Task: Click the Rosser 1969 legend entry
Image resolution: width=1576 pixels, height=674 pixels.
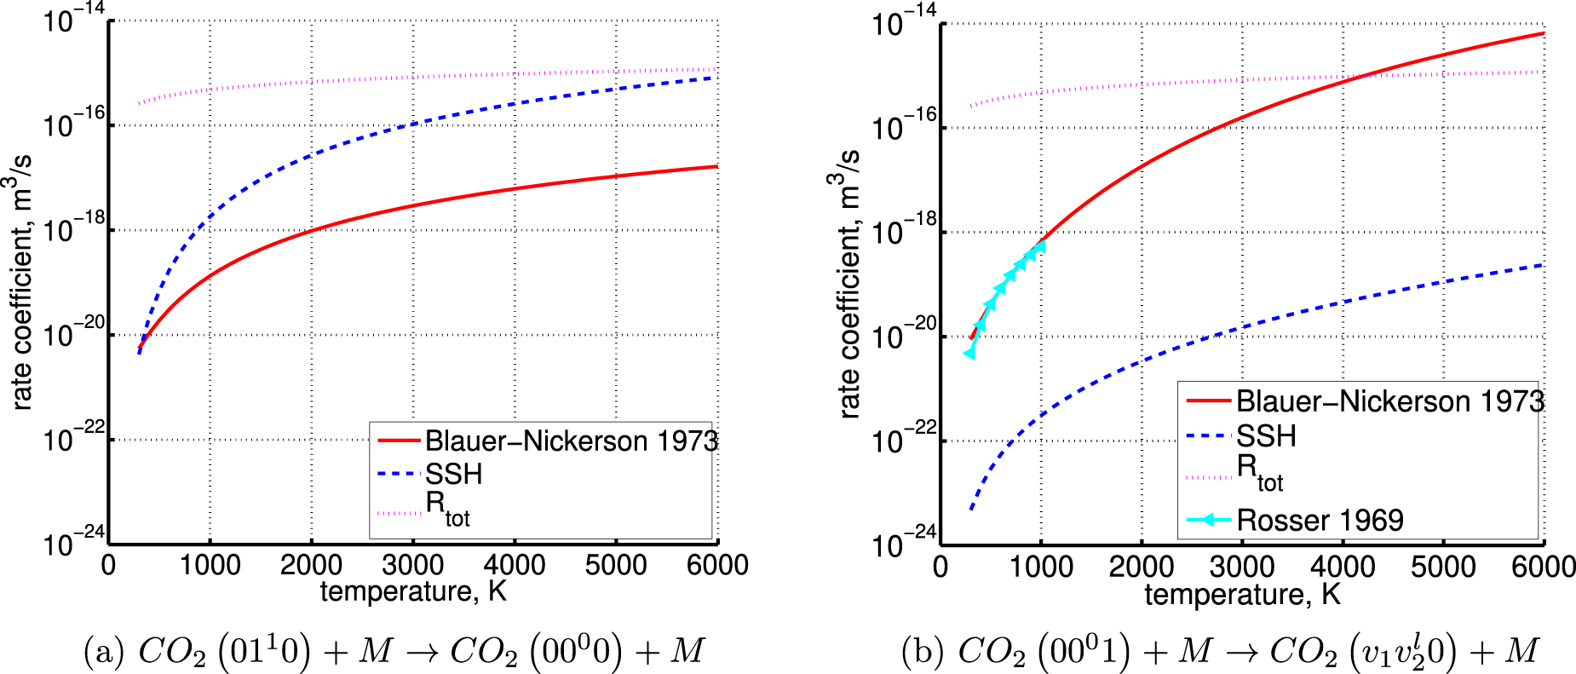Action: (x=1319, y=520)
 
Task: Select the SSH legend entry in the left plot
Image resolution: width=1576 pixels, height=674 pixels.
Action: (x=453, y=474)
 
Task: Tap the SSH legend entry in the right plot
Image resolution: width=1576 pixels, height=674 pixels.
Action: (x=1266, y=436)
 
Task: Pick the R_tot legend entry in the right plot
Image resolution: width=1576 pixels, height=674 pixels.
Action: (x=1258, y=472)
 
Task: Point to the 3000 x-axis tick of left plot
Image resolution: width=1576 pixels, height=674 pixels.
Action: (x=413, y=565)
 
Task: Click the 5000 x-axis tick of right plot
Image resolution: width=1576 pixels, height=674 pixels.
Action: (x=1442, y=567)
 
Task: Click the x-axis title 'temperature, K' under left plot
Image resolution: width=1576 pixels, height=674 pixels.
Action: (x=413, y=591)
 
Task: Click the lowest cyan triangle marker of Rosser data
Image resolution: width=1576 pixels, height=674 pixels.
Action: (x=969, y=353)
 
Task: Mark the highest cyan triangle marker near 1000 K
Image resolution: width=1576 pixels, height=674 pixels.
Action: (x=1040, y=246)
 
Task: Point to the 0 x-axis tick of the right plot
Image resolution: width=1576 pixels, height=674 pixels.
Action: (x=940, y=567)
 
